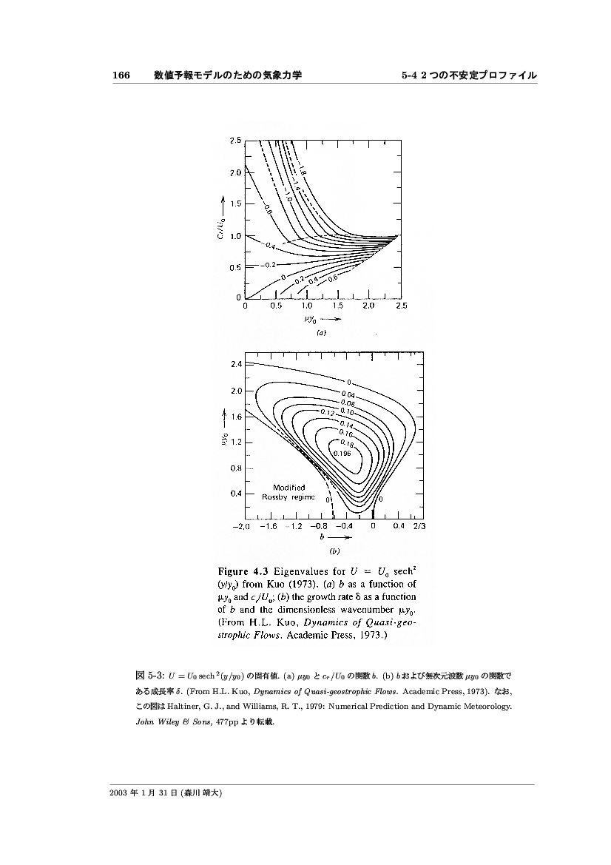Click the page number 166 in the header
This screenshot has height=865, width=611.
pyautogui.click(x=121, y=75)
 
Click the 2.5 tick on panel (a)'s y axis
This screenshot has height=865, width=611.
pyautogui.click(x=234, y=141)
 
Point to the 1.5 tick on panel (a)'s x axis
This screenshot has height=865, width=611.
pyautogui.click(x=338, y=304)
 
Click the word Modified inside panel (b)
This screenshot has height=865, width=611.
pyautogui.click(x=289, y=487)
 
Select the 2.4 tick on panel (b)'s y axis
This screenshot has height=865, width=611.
pyautogui.click(x=236, y=365)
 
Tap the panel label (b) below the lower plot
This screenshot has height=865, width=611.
pyautogui.click(x=334, y=551)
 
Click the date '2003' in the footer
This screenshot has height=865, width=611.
pyautogui.click(x=121, y=792)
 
